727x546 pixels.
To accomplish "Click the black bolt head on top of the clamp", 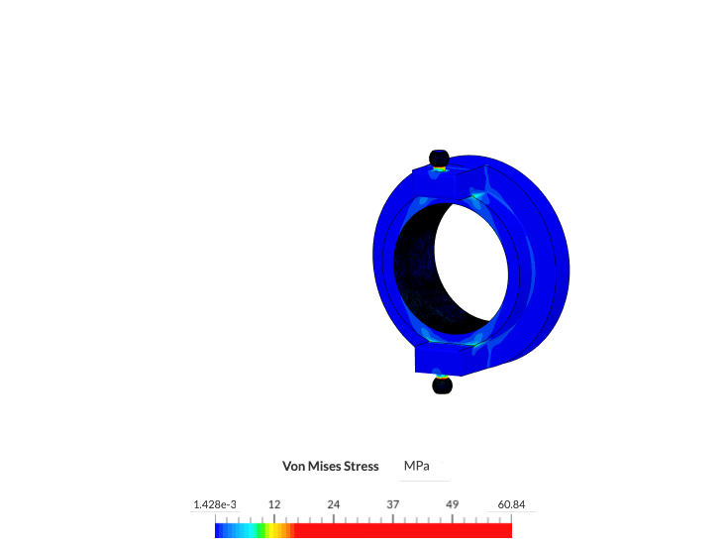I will tap(438, 158).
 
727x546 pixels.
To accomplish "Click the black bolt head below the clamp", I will tap(443, 384).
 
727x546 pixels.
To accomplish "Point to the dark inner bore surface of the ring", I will tap(416, 268).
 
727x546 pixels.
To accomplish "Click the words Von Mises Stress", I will tap(331, 466).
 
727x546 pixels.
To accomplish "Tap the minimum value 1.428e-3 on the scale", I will tap(214, 504).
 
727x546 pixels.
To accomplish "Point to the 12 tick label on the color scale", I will tap(274, 504).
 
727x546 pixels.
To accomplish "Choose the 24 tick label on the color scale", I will tap(334, 504).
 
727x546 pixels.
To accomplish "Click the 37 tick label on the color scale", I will tap(393, 504).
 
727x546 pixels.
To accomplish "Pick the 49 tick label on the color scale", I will tap(453, 504).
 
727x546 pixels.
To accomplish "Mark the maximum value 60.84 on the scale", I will tap(511, 504).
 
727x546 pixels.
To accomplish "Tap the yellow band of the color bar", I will tap(270, 531).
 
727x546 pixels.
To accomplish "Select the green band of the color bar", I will tap(260, 531).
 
